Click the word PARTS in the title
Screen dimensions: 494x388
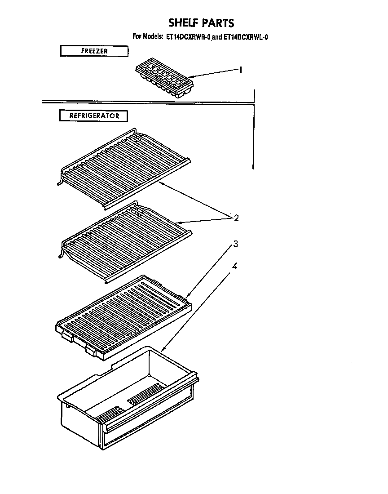click(x=217, y=23)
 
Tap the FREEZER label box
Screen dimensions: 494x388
click(x=94, y=51)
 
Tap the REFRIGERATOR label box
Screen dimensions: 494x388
click(x=94, y=116)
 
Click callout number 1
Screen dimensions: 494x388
click(x=241, y=70)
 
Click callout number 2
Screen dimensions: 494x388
click(x=236, y=218)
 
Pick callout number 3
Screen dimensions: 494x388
click(x=235, y=244)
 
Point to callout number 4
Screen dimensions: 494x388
click(x=234, y=266)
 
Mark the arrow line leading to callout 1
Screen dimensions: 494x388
click(x=216, y=73)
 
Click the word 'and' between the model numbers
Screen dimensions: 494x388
click(x=217, y=37)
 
